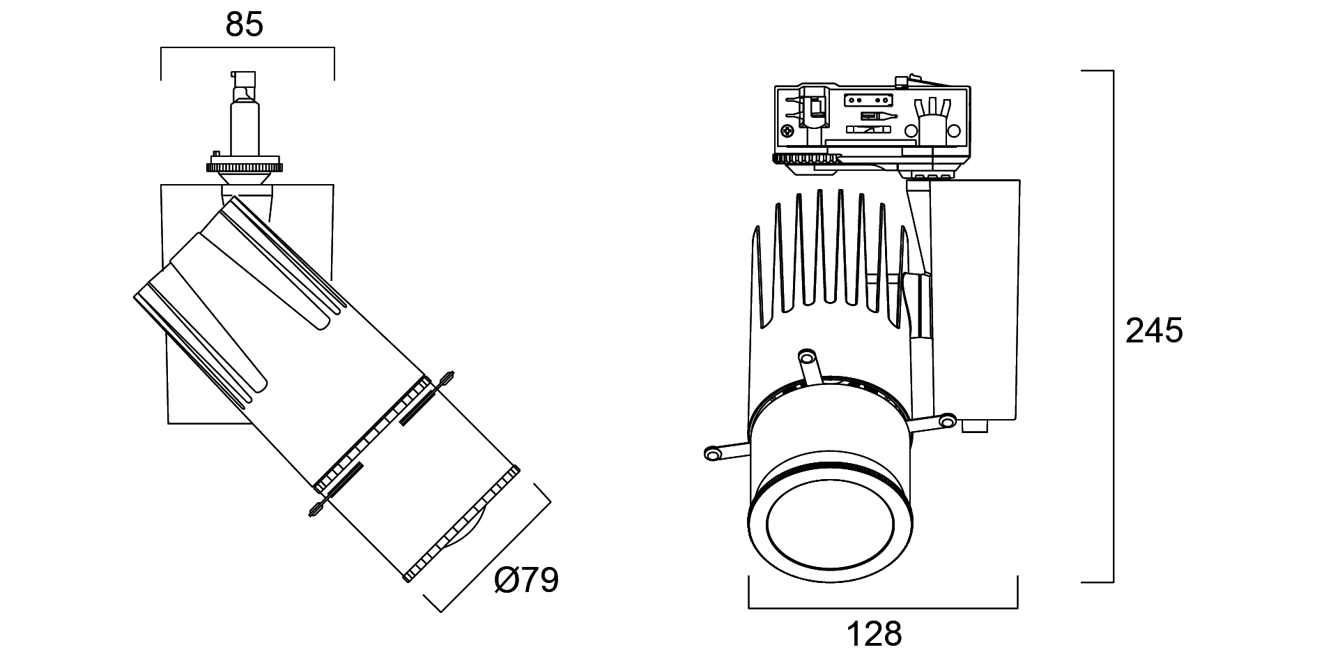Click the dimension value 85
(245, 25)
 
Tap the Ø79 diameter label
(526, 580)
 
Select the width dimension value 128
(874, 635)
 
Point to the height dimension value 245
(1154, 331)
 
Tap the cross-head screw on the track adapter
(788, 130)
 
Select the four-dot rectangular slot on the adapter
(868, 100)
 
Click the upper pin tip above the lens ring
(808, 358)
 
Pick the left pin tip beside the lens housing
(712, 454)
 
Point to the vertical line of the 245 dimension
(1113, 326)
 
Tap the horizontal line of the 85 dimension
(247, 48)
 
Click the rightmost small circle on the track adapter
(955, 130)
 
